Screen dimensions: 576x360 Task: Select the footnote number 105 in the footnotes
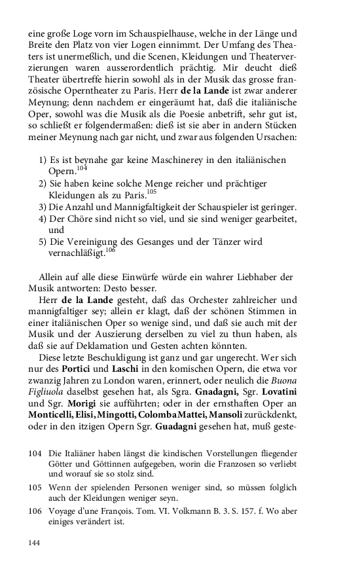click(x=35, y=488)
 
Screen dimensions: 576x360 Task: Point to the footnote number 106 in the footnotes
click(x=35, y=512)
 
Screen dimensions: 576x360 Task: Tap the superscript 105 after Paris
click(x=152, y=191)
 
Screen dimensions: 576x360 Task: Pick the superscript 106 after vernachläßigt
click(x=109, y=249)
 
